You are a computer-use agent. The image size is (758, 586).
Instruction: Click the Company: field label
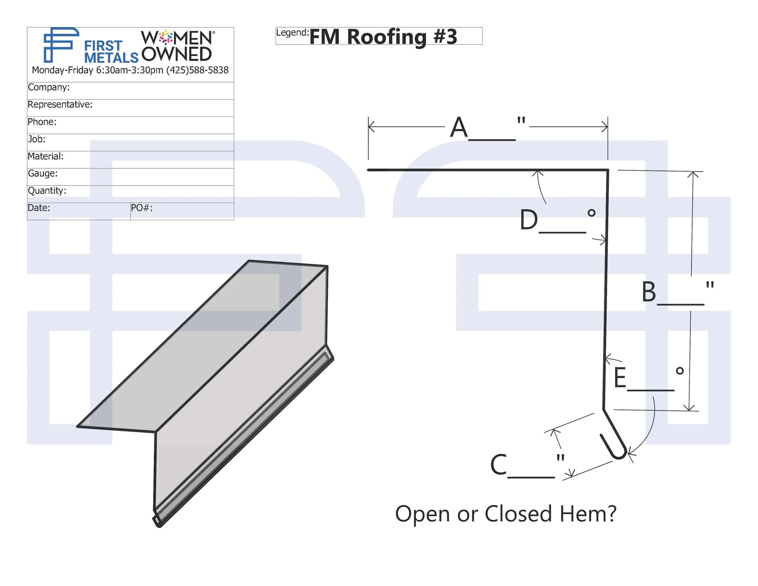tap(49, 87)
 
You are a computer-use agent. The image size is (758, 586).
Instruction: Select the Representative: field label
tap(60, 105)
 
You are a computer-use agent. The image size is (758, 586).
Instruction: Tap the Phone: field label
tap(42, 122)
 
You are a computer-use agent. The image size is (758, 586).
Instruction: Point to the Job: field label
tap(36, 139)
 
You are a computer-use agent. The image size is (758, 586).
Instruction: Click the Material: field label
tap(45, 156)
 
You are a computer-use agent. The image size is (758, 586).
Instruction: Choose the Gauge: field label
tap(43, 173)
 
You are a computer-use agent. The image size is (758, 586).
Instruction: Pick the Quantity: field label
tap(47, 190)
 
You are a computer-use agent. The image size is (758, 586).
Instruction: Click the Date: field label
tap(39, 208)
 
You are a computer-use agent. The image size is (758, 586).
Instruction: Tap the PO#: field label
tap(142, 208)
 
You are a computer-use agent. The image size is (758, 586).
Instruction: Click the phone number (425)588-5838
tap(197, 70)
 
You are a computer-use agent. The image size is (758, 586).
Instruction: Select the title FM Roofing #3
tap(383, 37)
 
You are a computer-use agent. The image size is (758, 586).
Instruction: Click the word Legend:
tap(293, 33)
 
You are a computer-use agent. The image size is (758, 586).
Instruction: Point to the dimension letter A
tap(459, 127)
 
